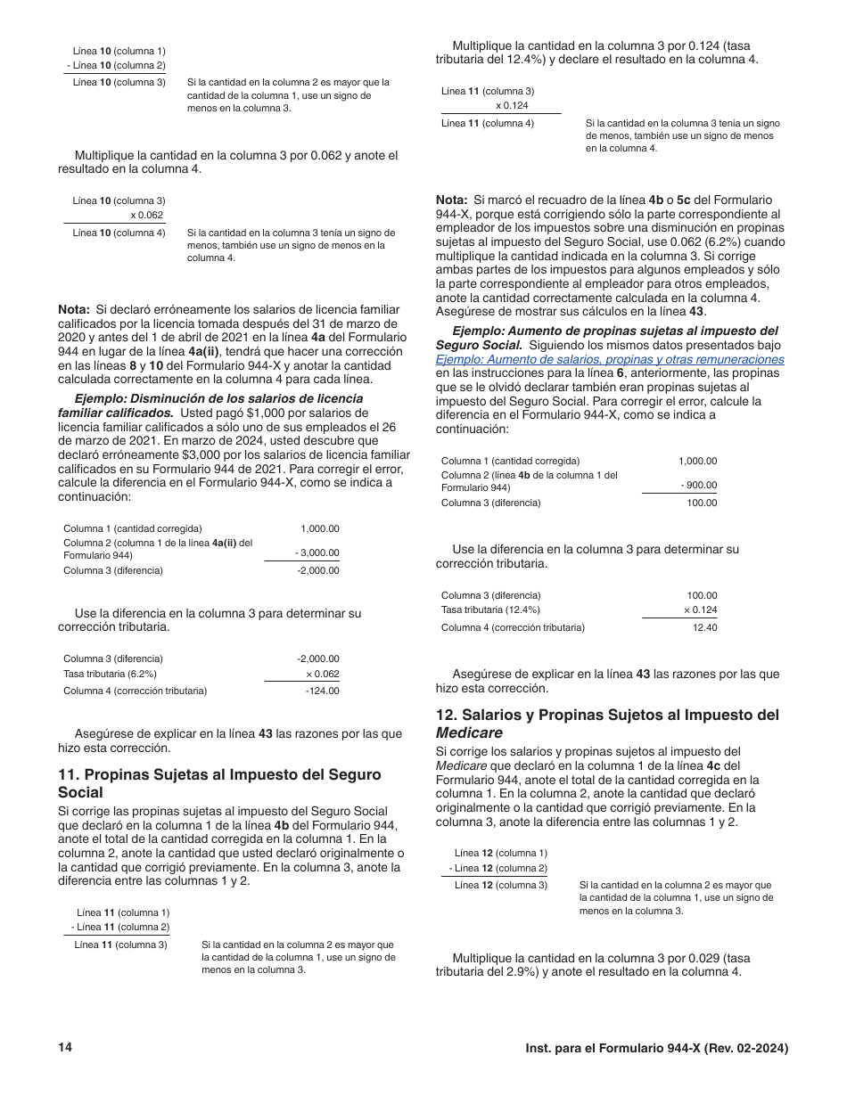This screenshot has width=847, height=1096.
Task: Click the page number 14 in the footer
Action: (64, 1047)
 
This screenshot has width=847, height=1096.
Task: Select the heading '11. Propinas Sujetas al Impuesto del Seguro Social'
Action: (218, 783)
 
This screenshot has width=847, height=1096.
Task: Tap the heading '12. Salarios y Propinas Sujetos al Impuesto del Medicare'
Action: (607, 724)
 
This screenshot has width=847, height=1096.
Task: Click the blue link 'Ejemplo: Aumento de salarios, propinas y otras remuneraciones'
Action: (610, 359)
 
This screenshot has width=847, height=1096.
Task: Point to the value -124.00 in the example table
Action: (322, 691)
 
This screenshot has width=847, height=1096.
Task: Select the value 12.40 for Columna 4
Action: (704, 627)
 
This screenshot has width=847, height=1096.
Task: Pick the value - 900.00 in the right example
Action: (698, 486)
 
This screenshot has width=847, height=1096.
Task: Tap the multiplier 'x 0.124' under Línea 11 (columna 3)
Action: (512, 105)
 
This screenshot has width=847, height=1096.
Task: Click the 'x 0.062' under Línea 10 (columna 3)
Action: (146, 215)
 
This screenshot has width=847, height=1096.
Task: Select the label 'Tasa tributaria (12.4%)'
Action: (490, 609)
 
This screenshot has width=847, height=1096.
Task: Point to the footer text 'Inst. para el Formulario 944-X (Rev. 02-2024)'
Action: (656, 1049)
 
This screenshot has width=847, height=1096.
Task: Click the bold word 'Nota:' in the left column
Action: (74, 310)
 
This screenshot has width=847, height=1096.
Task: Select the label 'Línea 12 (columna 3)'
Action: (500, 885)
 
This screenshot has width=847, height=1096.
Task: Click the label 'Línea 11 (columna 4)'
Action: (488, 123)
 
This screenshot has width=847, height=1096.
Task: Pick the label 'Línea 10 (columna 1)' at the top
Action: (119, 51)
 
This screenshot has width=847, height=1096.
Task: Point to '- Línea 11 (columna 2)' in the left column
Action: (120, 927)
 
